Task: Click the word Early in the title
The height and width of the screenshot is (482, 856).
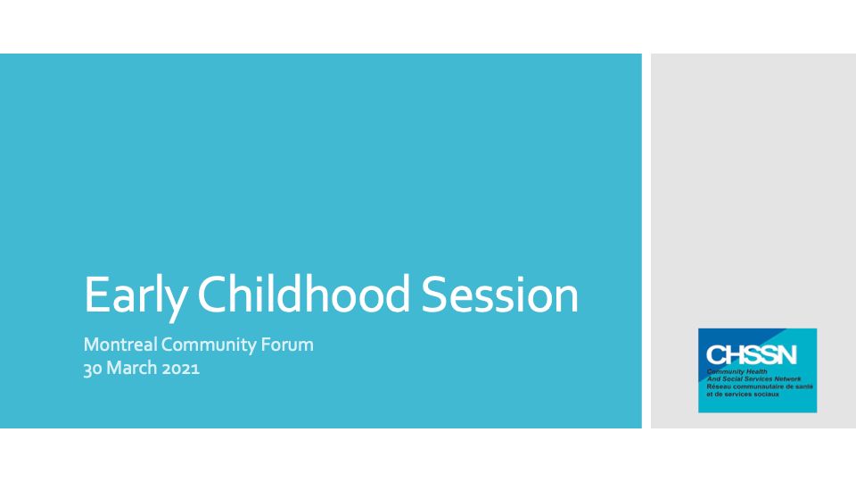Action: click(136, 295)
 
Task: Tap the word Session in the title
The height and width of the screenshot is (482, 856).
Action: click(499, 295)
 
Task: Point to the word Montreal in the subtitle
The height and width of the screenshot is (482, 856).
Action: click(120, 345)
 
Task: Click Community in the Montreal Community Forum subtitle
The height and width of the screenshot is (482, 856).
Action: click(209, 345)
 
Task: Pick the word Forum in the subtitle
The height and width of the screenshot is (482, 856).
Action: click(287, 345)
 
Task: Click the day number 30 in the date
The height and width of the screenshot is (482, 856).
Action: click(93, 369)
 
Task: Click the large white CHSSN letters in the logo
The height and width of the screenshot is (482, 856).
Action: click(751, 355)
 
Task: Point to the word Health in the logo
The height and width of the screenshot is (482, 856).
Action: click(755, 371)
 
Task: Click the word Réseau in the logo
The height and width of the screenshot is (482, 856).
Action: click(717, 386)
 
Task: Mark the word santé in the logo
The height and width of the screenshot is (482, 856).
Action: click(805, 386)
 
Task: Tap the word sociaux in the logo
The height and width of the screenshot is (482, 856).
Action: click(768, 394)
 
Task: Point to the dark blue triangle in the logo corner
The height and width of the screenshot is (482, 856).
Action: click(726, 342)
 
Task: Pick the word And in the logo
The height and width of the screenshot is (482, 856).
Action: click(713, 378)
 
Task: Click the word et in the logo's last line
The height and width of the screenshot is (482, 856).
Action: click(710, 394)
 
